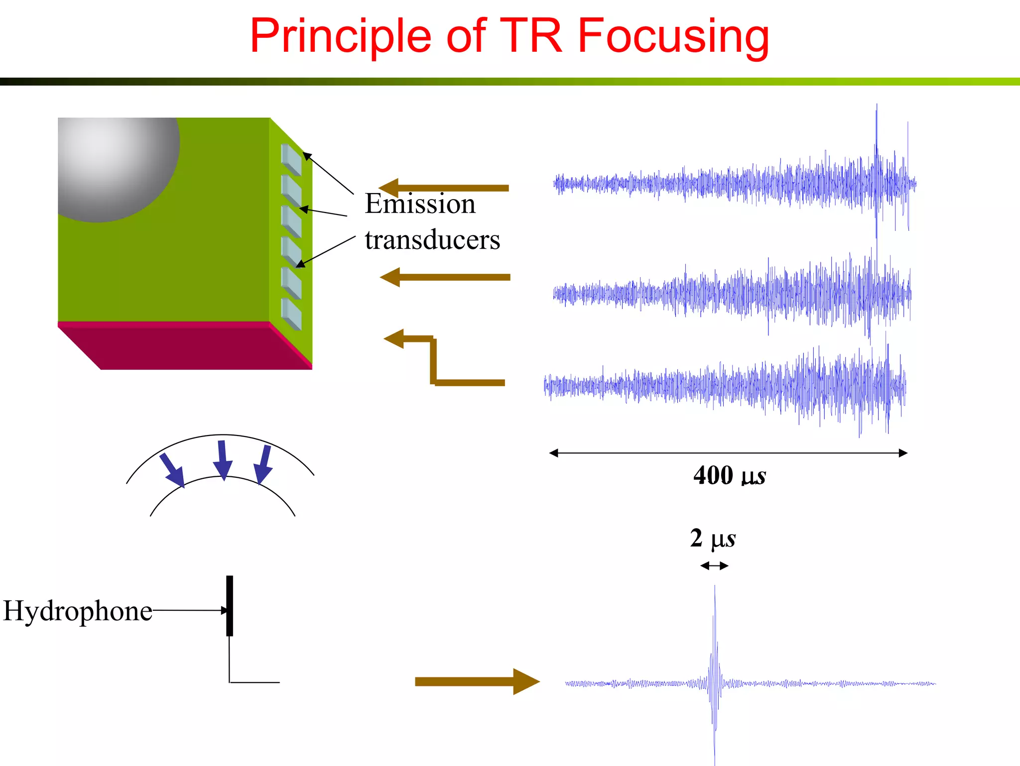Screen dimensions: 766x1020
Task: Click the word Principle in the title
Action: [x=340, y=36]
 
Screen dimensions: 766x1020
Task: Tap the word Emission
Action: [x=420, y=204]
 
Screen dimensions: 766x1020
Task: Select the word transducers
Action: [x=432, y=240]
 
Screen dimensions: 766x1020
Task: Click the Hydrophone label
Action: [x=77, y=611]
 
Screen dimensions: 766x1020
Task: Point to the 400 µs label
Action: [x=729, y=475]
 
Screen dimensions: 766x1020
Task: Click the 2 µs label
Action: [x=713, y=539]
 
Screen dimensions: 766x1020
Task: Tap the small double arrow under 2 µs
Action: [x=714, y=565]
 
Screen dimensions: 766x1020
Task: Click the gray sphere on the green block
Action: [x=115, y=164]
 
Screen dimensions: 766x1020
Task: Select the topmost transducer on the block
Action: [x=291, y=159]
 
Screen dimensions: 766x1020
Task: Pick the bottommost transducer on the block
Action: [x=291, y=314]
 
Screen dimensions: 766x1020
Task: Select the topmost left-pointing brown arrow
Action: [x=443, y=188]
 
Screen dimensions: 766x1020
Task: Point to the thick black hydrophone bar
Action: [x=230, y=605]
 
